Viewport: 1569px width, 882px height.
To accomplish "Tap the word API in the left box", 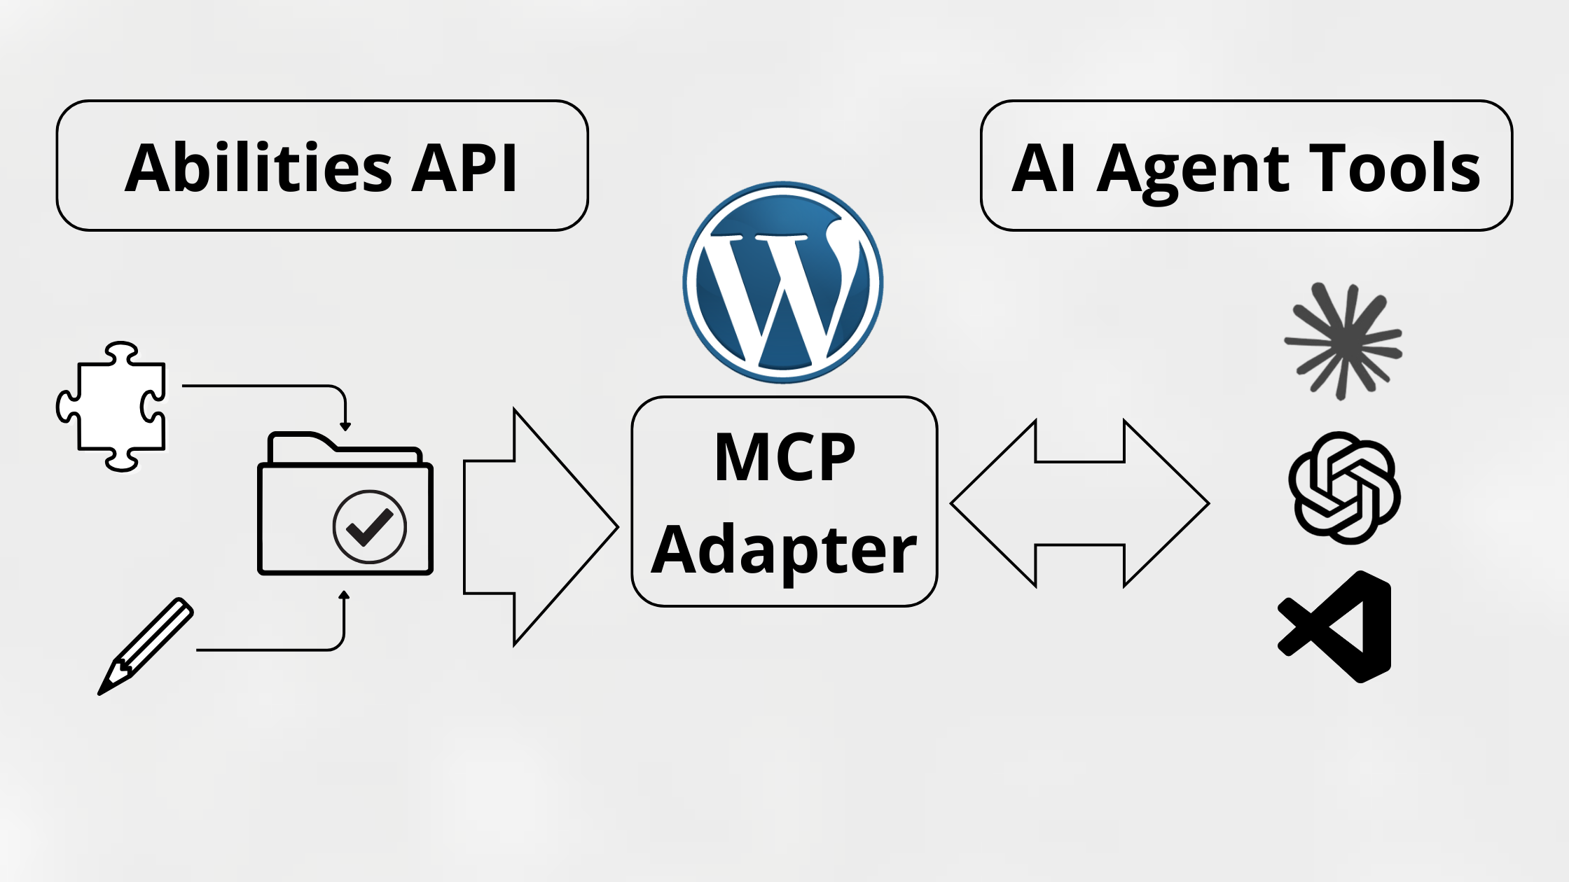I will coord(464,168).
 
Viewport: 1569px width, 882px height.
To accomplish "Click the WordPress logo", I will coord(783,282).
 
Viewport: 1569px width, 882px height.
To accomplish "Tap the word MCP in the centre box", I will coord(784,458).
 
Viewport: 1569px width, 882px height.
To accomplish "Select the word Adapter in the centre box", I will coord(784,550).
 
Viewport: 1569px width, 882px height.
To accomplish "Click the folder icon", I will coord(345,504).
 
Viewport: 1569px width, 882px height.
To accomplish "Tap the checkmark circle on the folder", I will coord(370,526).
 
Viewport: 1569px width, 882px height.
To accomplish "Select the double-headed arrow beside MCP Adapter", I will coord(1079,503).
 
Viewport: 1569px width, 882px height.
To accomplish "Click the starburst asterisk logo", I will coord(1342,341).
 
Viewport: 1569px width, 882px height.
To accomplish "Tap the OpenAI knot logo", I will coord(1344,488).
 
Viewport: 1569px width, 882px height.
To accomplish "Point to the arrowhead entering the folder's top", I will coord(345,426).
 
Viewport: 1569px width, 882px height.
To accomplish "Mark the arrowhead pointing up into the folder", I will coord(344,596).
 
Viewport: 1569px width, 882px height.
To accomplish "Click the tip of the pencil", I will coord(101,692).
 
